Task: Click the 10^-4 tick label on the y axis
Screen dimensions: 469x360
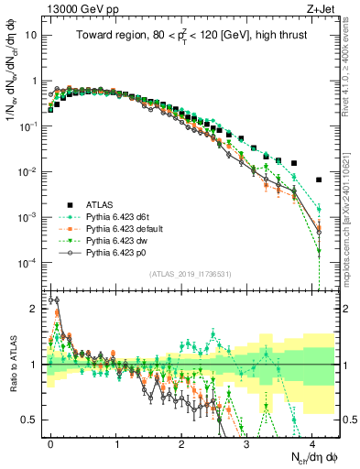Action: [x=27, y=263]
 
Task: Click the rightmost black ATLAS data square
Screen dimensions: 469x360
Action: [x=319, y=180]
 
